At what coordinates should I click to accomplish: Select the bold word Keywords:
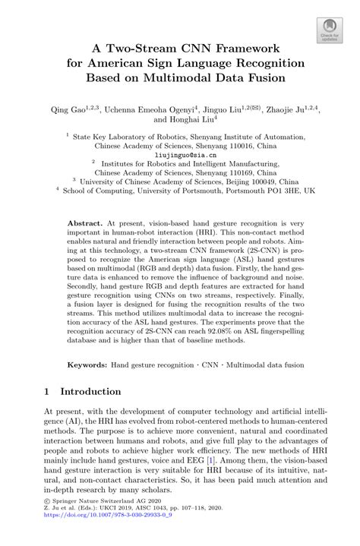tap(87, 365)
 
